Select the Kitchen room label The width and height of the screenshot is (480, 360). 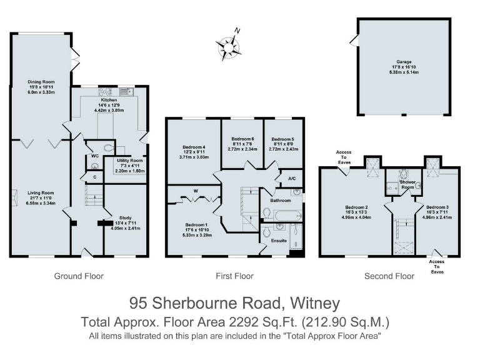tap(109, 99)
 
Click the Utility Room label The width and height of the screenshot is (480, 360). tap(130, 161)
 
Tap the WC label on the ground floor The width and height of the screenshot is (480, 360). tap(95, 155)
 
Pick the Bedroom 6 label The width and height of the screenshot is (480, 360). tap(242, 139)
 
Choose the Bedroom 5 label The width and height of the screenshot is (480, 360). tap(282, 139)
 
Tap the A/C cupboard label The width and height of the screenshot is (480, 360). tap(292, 177)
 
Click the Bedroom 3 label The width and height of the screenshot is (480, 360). tap(436, 206)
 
